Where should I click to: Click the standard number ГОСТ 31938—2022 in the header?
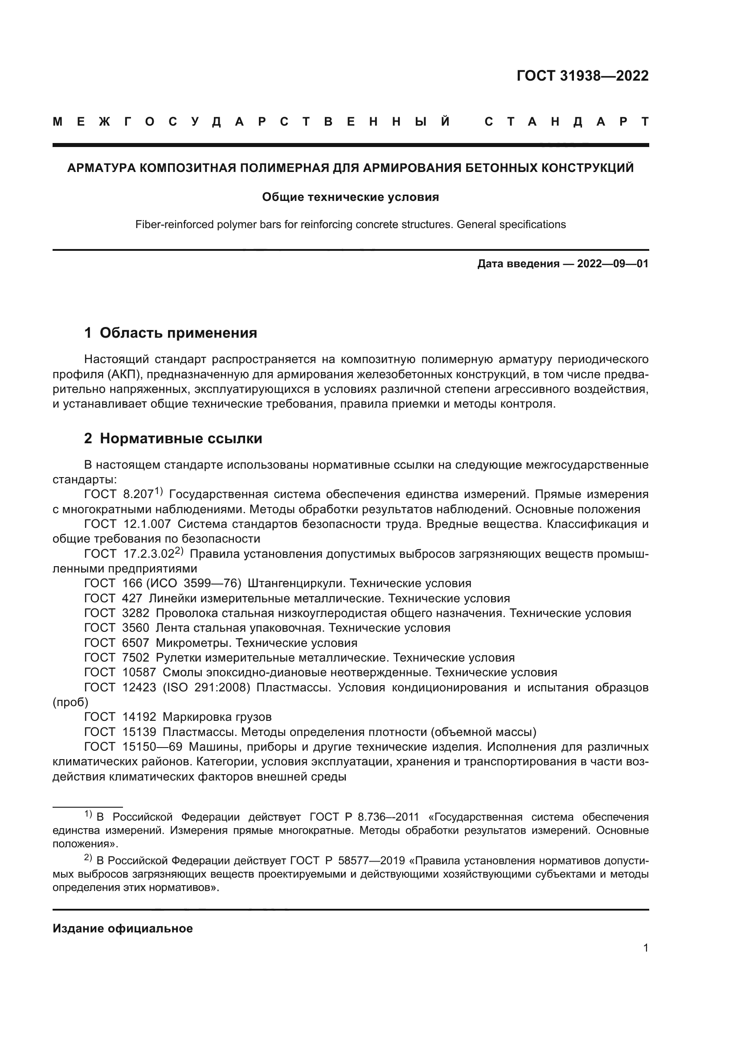point(582,76)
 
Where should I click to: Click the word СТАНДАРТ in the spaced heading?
point(566,122)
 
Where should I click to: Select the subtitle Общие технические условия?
point(350,197)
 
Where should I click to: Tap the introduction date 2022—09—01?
point(613,264)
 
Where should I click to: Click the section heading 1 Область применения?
point(171,333)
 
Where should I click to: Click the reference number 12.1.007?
point(147,524)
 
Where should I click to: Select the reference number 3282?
point(136,613)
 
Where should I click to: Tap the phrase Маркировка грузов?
point(217,717)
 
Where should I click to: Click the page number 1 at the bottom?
point(645,948)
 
